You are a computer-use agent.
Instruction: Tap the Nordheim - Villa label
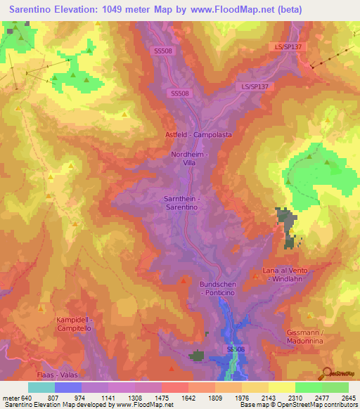coord(186,158)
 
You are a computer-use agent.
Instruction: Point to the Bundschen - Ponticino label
coord(221,288)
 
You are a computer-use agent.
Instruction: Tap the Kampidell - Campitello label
coord(79,324)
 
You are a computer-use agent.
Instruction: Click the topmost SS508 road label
coord(163,51)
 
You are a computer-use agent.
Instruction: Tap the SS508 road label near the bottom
coord(235,349)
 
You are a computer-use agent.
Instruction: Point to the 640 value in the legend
coord(28,398)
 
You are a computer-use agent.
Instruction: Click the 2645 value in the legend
coord(348,398)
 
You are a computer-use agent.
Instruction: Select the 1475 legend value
coord(161,398)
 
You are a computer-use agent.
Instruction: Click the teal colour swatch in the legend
coord(41,387)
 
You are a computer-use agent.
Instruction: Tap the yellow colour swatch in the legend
coord(281,387)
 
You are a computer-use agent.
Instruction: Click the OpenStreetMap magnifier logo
coord(326,372)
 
